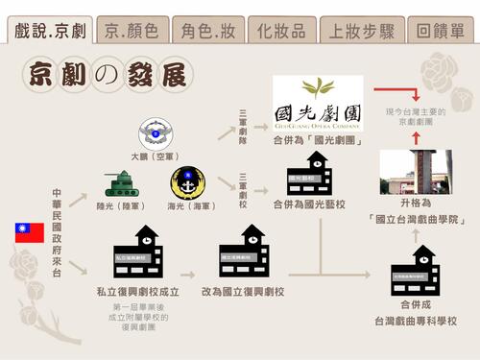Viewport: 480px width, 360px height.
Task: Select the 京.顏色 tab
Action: click(132, 31)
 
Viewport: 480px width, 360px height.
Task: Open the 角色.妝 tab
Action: click(209, 31)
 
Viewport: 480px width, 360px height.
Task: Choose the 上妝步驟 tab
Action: click(361, 31)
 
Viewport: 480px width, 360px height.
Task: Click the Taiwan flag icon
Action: click(29, 232)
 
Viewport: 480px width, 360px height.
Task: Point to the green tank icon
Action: click(122, 183)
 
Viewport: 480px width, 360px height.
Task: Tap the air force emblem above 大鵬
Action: click(154, 134)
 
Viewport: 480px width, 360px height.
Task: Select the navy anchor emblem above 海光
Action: click(187, 182)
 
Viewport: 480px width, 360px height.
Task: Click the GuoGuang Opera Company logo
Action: click(318, 103)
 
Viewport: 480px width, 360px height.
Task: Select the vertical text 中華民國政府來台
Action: click(58, 229)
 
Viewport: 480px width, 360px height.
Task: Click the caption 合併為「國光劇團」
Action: click(318, 141)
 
